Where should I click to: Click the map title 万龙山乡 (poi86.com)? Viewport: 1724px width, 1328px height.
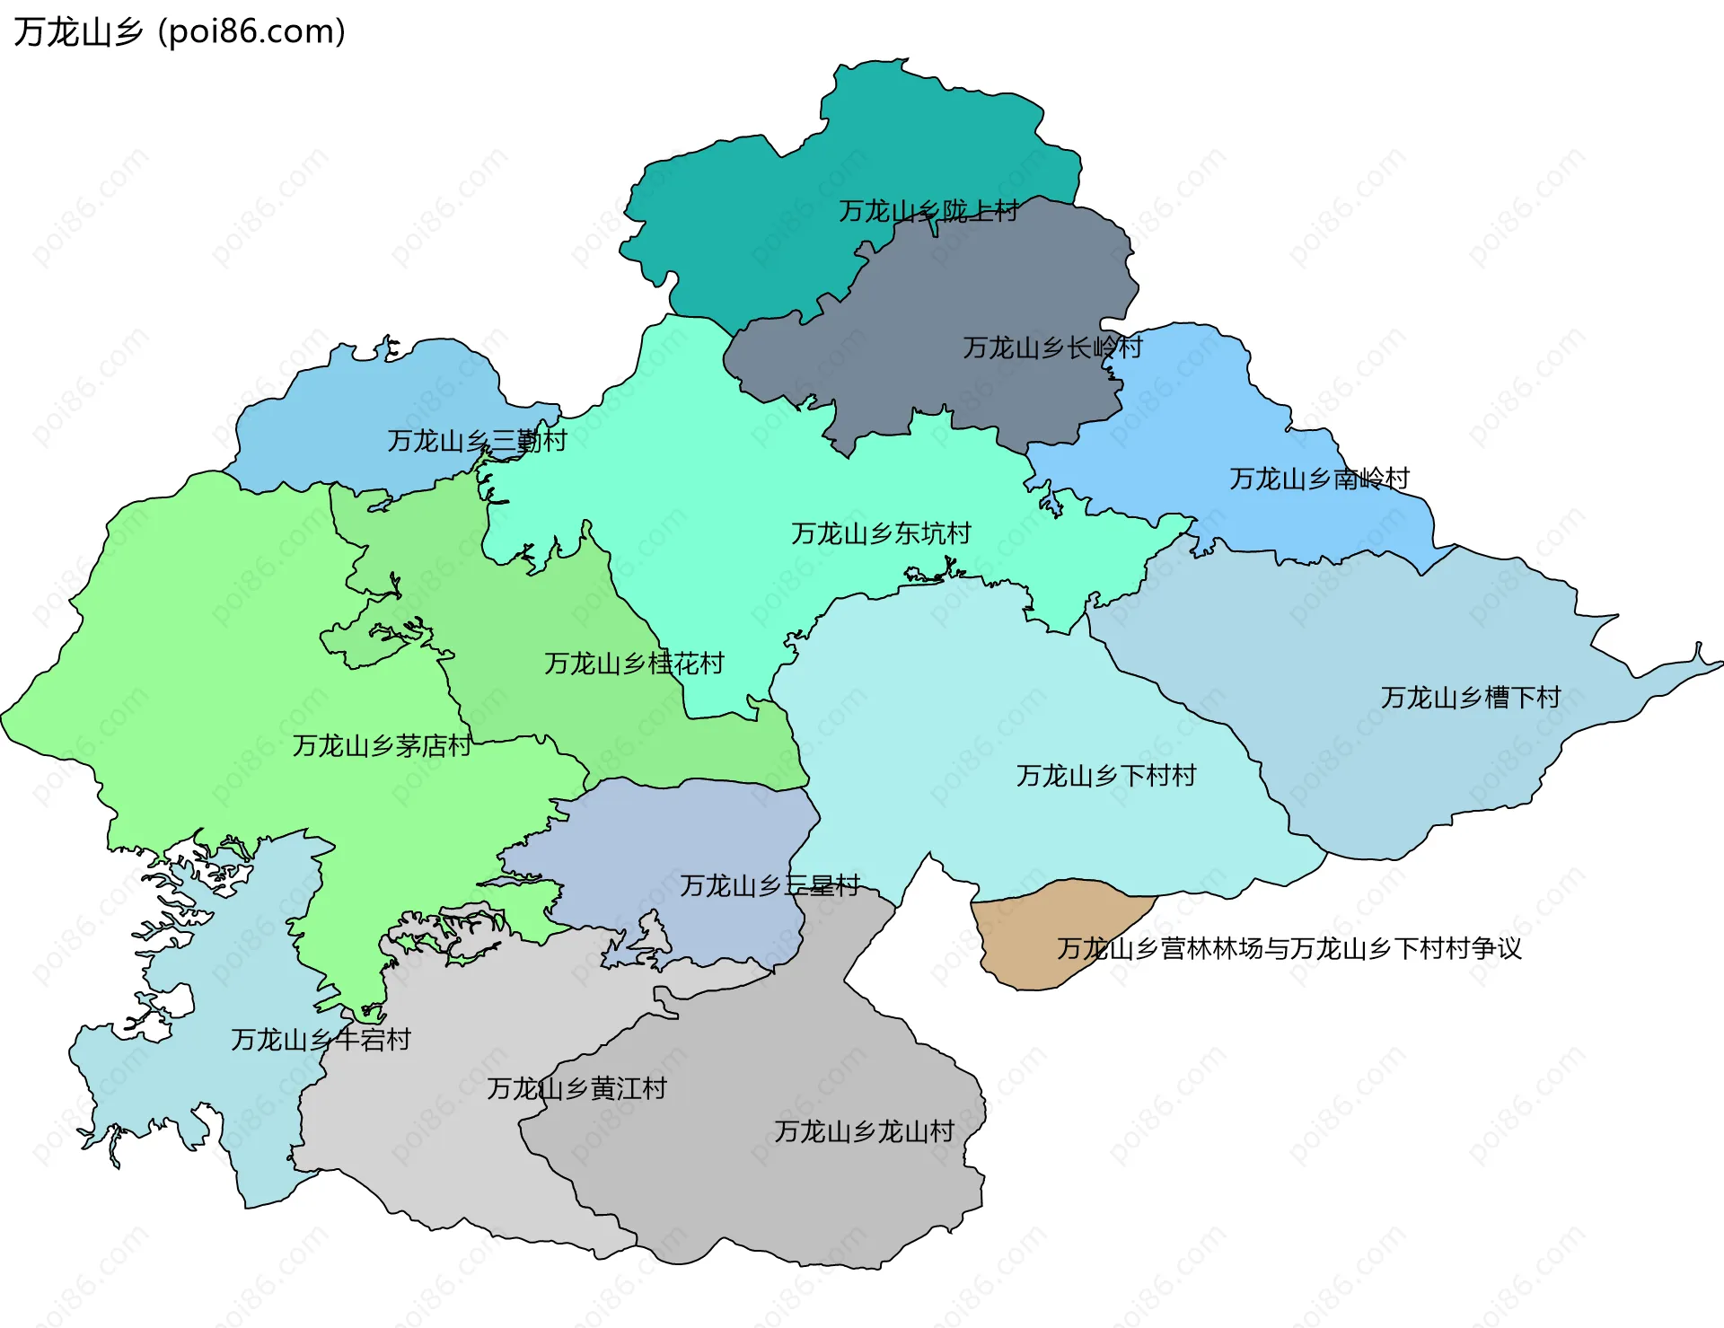(x=180, y=31)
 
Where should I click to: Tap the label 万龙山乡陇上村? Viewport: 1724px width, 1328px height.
(x=928, y=211)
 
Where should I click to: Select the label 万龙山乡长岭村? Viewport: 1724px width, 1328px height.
(x=1051, y=347)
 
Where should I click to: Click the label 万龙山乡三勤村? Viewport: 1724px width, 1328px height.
(x=477, y=441)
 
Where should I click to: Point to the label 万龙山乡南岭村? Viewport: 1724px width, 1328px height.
(x=1318, y=479)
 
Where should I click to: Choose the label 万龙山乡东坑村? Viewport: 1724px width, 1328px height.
(x=881, y=533)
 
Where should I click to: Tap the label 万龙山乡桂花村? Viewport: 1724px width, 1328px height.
(x=634, y=664)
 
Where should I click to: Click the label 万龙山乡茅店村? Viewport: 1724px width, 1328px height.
(x=382, y=745)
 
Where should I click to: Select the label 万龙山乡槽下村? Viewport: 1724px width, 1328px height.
(x=1470, y=698)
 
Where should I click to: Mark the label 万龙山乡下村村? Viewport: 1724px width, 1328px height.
(x=1105, y=776)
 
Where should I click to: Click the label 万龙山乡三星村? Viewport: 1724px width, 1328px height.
(x=770, y=886)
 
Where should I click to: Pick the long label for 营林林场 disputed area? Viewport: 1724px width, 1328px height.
(x=1289, y=948)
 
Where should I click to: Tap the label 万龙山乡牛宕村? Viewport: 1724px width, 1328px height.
(x=321, y=1040)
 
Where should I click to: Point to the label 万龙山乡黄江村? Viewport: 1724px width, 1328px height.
(x=576, y=1089)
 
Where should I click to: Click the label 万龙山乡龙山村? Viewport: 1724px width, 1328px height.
(x=864, y=1131)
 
